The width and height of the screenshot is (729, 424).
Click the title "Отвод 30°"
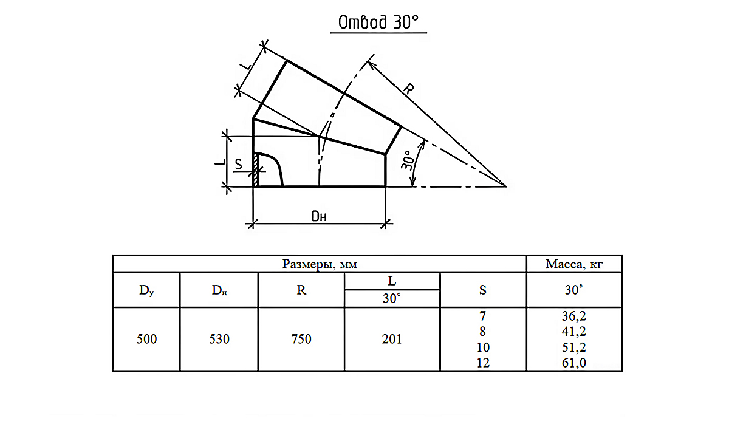(x=378, y=22)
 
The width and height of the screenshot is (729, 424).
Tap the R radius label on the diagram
(x=408, y=89)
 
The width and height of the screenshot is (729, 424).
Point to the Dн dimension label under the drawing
(x=318, y=216)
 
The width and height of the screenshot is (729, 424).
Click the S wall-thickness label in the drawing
(x=239, y=165)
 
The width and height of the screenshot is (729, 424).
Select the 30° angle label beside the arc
(x=407, y=160)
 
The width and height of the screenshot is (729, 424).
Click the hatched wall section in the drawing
(x=256, y=170)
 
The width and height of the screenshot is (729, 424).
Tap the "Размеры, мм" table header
(x=320, y=264)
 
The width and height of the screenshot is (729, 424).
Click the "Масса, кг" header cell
(x=573, y=264)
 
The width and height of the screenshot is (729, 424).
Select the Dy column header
(x=146, y=290)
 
